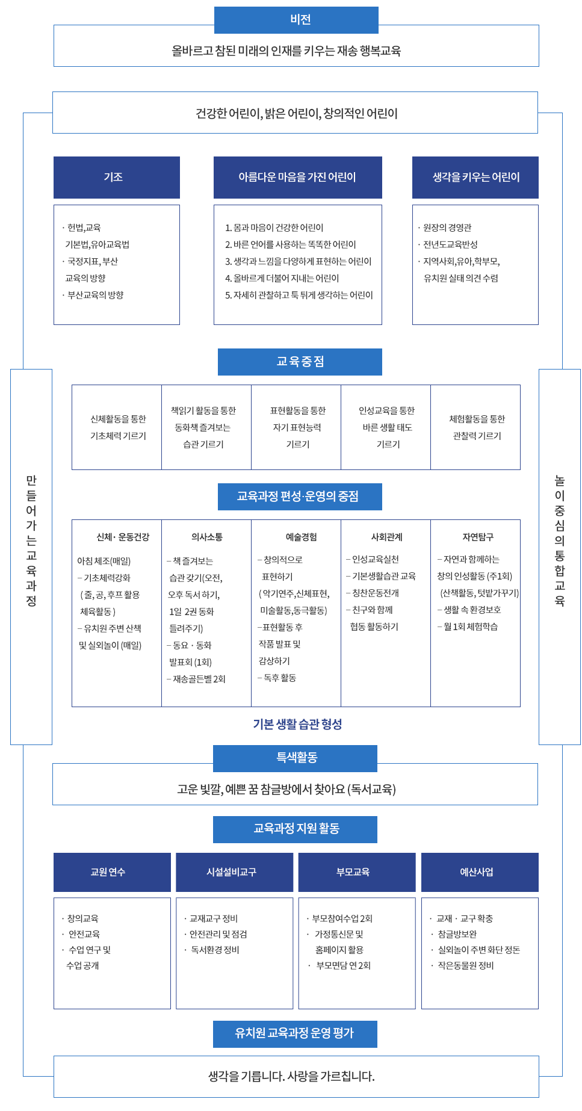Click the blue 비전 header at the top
296,20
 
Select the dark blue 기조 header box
116,177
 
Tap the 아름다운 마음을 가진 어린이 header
297,177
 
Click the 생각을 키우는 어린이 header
475,177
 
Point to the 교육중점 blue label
300,362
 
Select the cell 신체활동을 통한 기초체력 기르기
117,427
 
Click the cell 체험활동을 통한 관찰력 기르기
476,427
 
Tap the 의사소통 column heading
206,537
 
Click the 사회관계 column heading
386,537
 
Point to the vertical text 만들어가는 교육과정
31,540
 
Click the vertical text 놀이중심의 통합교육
559,540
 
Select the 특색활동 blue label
296,758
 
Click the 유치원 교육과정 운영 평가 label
295,1033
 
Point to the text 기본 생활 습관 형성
297,724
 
